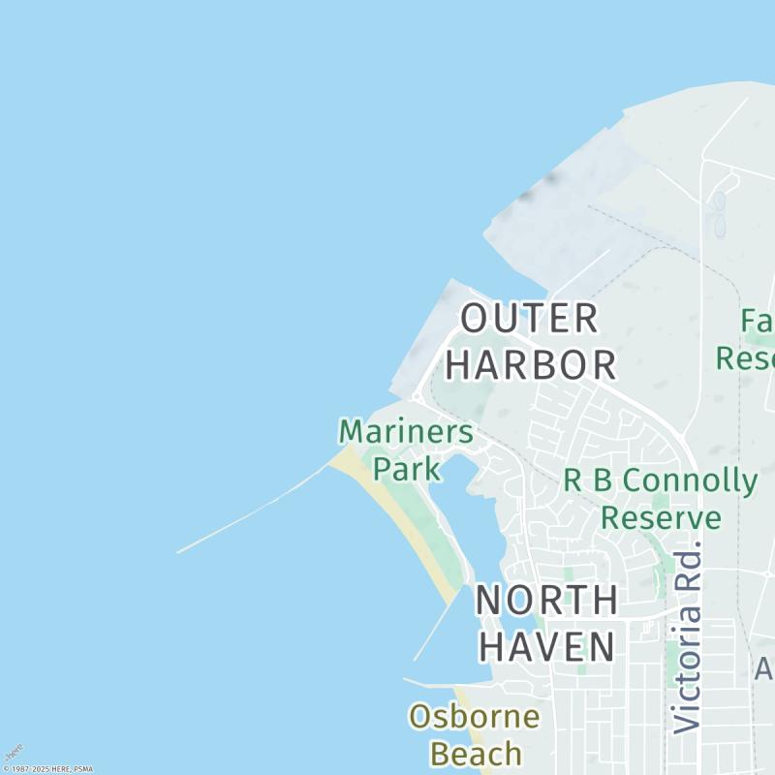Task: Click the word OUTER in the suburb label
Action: point(529,318)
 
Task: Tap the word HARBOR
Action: point(531,364)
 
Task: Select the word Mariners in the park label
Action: point(406,432)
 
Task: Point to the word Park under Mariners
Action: point(407,469)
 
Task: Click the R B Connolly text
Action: point(661,480)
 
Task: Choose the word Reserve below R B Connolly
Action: point(661,517)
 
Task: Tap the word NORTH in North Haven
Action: point(546,600)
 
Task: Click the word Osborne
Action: point(474,717)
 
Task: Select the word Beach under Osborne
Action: point(475,753)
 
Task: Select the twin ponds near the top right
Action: point(719,213)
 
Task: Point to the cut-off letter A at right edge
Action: point(764,668)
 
